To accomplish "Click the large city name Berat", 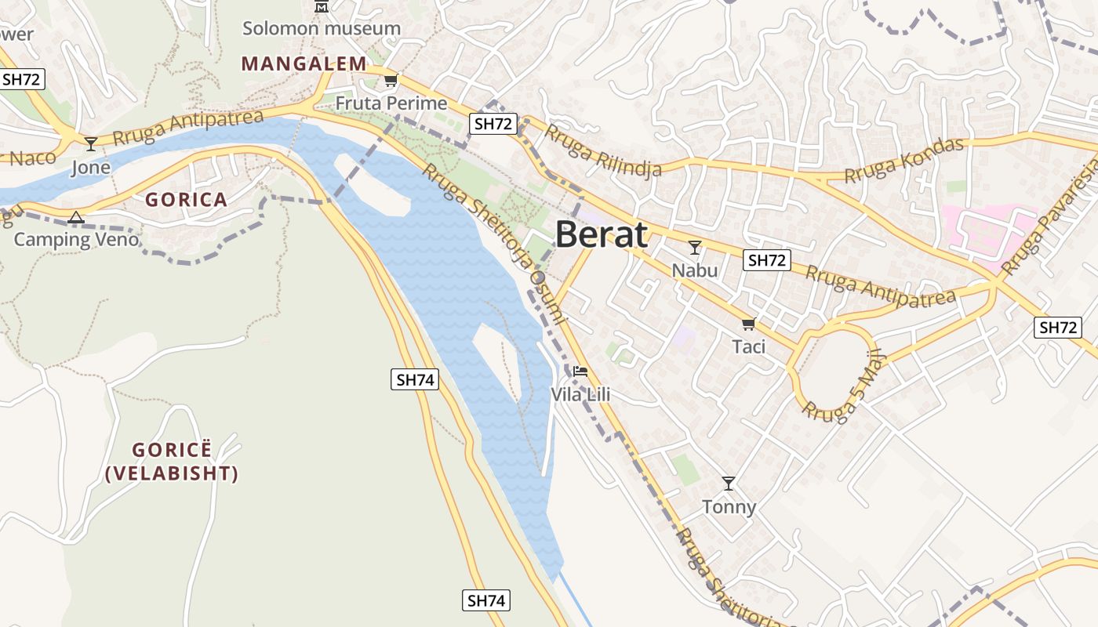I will (602, 234).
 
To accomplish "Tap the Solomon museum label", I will (321, 28).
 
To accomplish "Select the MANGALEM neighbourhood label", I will (304, 63).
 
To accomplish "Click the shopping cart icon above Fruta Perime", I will (391, 80).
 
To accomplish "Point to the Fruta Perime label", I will (391, 103).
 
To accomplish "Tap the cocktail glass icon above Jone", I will (91, 143).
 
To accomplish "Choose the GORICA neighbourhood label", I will (186, 199).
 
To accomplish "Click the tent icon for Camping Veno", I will (76, 217).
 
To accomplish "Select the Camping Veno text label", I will (76, 239).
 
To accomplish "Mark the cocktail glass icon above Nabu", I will (694, 248).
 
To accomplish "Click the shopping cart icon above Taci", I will (748, 324).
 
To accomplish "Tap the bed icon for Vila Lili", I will (580, 371).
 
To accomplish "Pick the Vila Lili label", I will (580, 394).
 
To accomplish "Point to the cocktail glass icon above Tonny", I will (729, 483).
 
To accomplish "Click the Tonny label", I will (729, 506).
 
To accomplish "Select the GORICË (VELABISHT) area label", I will (172, 462).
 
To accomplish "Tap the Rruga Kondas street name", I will (903, 161).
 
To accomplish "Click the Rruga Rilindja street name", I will (603, 150).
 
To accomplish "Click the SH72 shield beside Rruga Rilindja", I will (493, 123).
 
